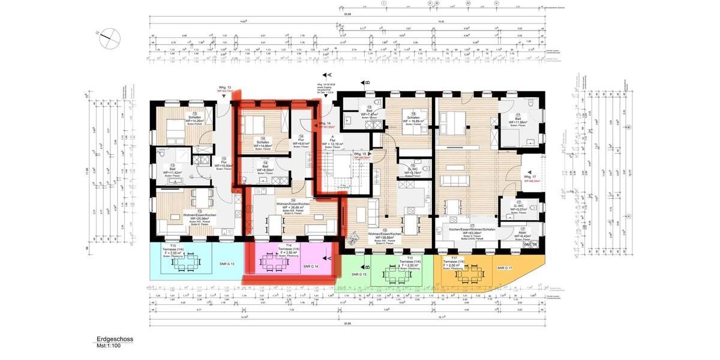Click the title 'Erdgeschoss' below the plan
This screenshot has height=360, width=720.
coord(115,339)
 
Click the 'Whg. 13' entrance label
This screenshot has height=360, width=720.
coord(225,89)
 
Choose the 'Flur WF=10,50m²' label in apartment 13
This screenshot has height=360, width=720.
coord(223,163)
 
